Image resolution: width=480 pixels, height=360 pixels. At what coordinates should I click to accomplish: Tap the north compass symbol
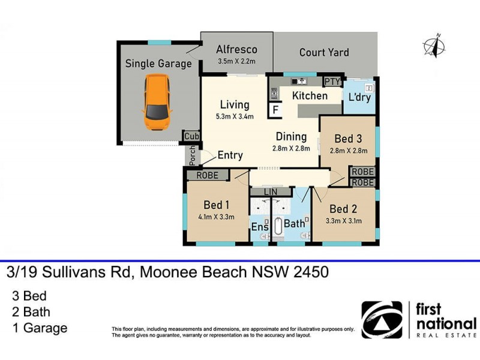[434, 47]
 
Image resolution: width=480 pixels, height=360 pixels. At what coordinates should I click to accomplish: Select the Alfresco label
[237, 50]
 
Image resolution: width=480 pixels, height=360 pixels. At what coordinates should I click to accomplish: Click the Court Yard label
[324, 52]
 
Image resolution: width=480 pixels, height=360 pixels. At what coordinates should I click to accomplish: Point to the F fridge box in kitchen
[277, 110]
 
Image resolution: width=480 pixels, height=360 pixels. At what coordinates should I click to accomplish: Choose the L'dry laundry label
[359, 96]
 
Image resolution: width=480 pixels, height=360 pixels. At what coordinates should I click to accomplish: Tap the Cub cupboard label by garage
[191, 136]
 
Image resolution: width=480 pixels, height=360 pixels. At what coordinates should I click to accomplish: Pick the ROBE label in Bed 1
[206, 175]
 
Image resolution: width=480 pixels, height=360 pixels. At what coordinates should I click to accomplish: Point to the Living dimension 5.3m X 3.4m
[234, 116]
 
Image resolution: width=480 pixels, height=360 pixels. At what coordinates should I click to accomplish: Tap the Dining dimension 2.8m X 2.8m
[291, 148]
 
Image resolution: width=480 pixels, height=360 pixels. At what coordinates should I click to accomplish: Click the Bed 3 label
[347, 137]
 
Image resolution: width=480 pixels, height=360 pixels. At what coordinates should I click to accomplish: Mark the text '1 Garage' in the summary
[40, 328]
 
